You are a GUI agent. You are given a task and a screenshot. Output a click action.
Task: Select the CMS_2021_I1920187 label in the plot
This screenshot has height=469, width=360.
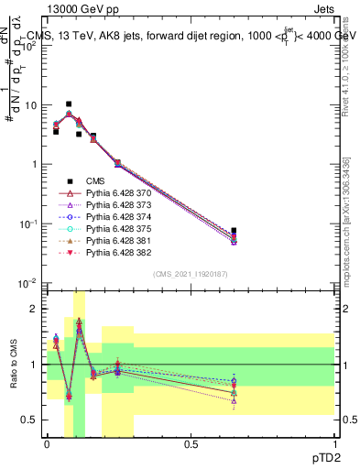pos(191,274)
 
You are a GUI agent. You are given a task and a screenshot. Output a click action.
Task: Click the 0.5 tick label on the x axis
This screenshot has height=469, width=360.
pos(191,443)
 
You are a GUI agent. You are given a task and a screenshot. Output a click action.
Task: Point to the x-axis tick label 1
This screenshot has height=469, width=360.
pos(334,443)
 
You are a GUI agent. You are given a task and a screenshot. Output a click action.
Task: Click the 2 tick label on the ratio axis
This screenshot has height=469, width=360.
pos(34,309)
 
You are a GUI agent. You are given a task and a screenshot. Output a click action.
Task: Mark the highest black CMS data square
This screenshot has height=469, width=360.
pos(69,104)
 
